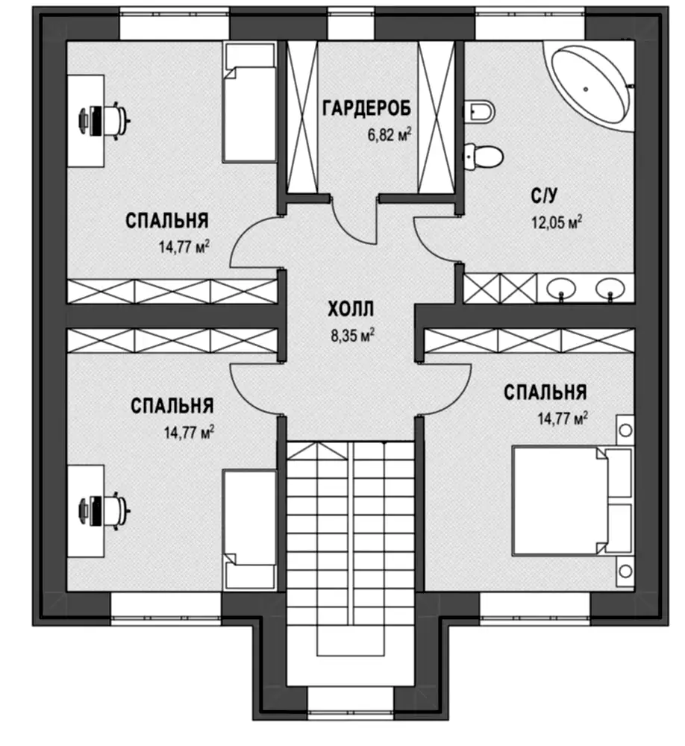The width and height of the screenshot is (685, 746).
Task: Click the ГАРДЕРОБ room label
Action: (366, 108)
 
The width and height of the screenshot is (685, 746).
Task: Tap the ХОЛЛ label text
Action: (351, 310)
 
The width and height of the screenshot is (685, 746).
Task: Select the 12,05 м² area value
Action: (557, 222)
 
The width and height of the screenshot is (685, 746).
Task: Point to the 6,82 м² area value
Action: (389, 134)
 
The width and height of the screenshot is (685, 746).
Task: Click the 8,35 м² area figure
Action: (352, 336)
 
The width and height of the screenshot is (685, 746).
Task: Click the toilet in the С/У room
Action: (483, 156)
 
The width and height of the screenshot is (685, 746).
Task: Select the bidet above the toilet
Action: (479, 111)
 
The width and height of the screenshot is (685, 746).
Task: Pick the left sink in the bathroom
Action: (561, 287)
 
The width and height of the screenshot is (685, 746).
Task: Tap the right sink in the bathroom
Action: (610, 287)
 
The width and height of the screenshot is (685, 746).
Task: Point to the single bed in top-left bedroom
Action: (249, 102)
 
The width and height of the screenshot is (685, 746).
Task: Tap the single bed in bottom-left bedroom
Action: (249, 530)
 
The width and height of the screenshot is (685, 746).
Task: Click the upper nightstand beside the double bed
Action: (625, 430)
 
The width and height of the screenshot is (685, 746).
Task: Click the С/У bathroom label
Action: (544, 195)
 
